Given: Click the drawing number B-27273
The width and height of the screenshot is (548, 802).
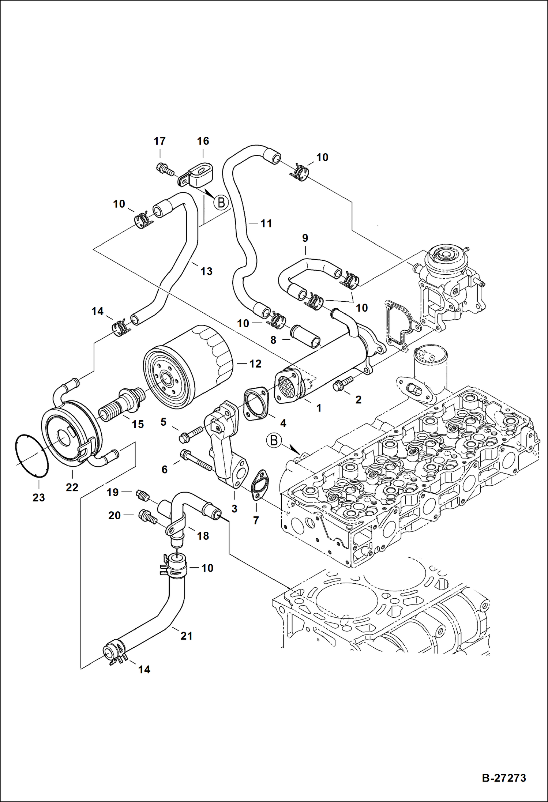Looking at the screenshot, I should tap(504, 777).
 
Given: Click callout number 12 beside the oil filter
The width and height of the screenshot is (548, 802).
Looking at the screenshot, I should tap(255, 364).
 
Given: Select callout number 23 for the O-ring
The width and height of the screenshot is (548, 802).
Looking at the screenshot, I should tap(38, 498).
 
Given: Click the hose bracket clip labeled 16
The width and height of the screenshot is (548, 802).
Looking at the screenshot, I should tap(198, 178).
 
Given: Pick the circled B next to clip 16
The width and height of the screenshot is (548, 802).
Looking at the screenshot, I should tap(221, 203).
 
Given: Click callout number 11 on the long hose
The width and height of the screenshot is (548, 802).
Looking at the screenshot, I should tap(266, 223).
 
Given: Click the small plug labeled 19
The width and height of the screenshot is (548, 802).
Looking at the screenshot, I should tap(143, 496).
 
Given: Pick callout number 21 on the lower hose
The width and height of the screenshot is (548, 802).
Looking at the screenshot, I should tap(187, 636).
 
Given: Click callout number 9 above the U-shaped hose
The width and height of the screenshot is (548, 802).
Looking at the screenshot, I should tap(305, 238).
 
